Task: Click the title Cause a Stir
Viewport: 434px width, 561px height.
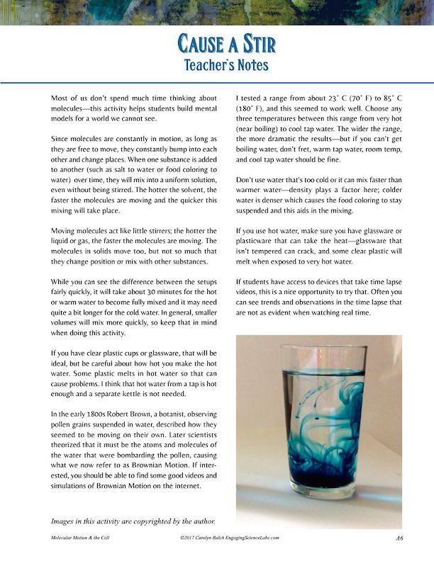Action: click(x=217, y=43)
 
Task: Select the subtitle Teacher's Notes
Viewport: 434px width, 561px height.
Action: click(x=217, y=66)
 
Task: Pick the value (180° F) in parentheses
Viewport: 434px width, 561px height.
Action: click(x=249, y=110)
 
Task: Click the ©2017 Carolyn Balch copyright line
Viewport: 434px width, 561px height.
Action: click(x=230, y=538)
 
